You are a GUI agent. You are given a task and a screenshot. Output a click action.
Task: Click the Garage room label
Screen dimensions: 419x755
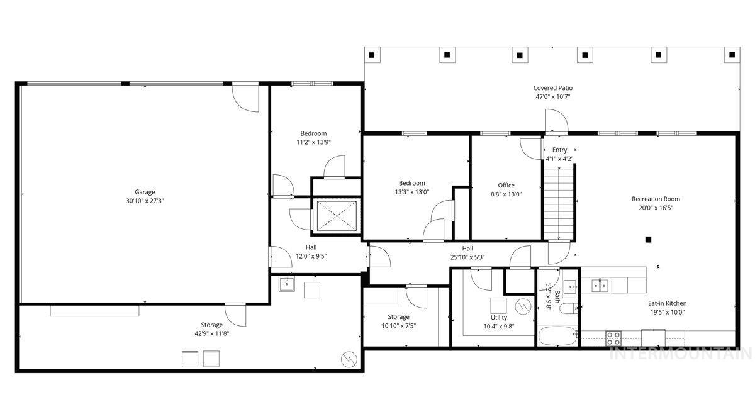click(x=145, y=192)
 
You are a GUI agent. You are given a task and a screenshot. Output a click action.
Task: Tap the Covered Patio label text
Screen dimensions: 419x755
click(x=553, y=88)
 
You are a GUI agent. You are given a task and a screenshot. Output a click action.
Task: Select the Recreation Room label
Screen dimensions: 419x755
click(x=656, y=199)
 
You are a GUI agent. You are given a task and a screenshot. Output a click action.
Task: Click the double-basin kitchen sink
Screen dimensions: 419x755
click(x=599, y=286)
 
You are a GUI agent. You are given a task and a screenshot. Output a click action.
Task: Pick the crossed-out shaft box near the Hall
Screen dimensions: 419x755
click(x=335, y=216)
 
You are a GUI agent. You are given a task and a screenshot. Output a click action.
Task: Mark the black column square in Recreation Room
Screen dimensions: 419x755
click(x=648, y=239)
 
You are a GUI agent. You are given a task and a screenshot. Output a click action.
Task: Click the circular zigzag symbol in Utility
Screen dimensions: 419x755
click(x=522, y=306)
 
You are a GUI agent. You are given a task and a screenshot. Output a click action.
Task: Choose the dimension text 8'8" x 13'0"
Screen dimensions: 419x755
click(x=506, y=194)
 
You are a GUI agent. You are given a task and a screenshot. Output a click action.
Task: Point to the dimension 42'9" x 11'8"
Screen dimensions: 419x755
click(x=211, y=333)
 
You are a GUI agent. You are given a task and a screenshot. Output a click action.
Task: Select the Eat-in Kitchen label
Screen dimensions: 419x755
click(x=668, y=303)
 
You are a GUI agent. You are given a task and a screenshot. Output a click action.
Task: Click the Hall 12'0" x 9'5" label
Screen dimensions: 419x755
click(x=311, y=252)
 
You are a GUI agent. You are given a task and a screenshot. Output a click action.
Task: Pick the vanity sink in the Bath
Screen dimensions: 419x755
click(x=571, y=287)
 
